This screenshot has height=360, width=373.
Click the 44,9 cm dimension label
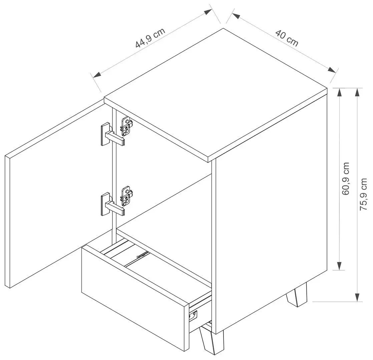150,38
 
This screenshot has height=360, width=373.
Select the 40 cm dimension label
287,38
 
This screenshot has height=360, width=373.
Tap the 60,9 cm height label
345,179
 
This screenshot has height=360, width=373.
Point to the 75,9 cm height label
363,194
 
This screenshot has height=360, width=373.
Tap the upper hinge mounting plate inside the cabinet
127,126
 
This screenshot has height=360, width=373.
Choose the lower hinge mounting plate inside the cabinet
127,196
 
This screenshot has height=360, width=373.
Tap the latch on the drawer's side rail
193,316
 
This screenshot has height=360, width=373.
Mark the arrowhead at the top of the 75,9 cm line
357,92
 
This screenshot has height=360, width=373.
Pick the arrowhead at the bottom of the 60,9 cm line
339,266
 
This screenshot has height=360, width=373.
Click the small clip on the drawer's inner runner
141,255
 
